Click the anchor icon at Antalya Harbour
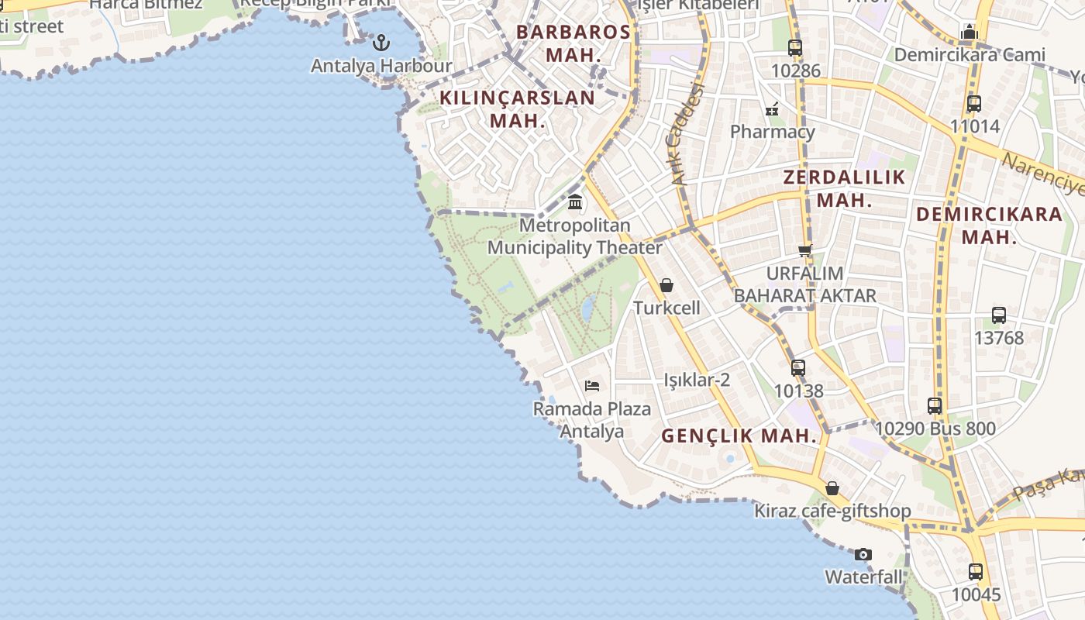pyautogui.click(x=381, y=42)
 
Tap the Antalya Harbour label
pyautogui.click(x=381, y=66)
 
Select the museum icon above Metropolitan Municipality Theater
pyautogui.click(x=575, y=202)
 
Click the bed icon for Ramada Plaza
pyautogui.click(x=592, y=385)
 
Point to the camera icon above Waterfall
pyautogui.click(x=863, y=554)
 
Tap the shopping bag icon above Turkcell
pyautogui.click(x=666, y=285)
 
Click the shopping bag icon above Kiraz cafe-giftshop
pyautogui.click(x=832, y=488)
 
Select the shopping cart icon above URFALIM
pyautogui.click(x=804, y=250)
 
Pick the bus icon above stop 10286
pyautogui.click(x=795, y=48)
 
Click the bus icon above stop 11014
pyautogui.click(x=974, y=103)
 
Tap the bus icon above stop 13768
pyautogui.click(x=999, y=315)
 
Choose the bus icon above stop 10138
pyautogui.click(x=798, y=368)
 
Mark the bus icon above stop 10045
pyautogui.click(x=976, y=572)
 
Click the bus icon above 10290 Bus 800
pyautogui.click(x=935, y=405)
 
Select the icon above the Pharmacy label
pyautogui.click(x=772, y=109)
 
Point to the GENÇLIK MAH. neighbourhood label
pyautogui.click(x=739, y=436)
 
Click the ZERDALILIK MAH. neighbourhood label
pyautogui.click(x=844, y=188)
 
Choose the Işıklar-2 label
pyautogui.click(x=697, y=380)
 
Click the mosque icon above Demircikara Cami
pyautogui.click(x=969, y=33)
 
